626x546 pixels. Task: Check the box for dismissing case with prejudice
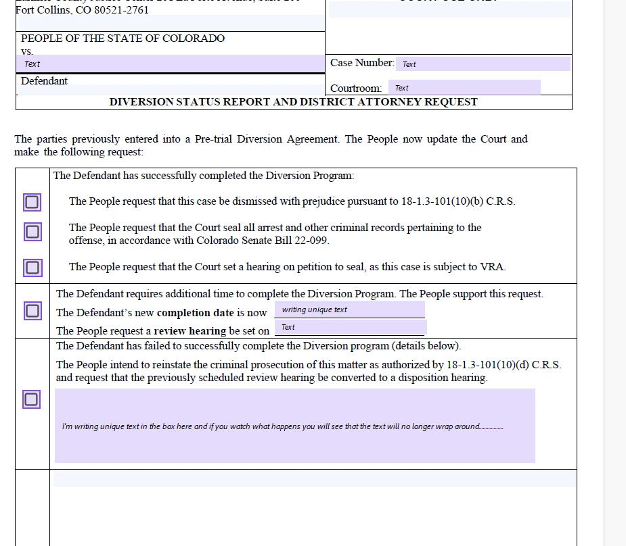point(32,202)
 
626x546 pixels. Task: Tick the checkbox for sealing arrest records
point(32,232)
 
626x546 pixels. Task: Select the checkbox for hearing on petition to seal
point(32,268)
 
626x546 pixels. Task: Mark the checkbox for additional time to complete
point(32,312)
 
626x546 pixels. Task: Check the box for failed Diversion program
point(31,399)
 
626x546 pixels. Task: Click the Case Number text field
point(483,64)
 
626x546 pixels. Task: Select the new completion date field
point(349,309)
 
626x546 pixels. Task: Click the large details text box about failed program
point(294,426)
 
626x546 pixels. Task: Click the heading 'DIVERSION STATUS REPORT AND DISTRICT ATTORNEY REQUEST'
point(293,102)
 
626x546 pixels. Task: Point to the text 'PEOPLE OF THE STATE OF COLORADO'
point(122,39)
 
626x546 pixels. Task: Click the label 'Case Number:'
point(362,63)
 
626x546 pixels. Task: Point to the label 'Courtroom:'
point(356,89)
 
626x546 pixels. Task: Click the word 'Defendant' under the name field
point(44,81)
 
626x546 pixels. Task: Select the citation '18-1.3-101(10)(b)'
point(441,201)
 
